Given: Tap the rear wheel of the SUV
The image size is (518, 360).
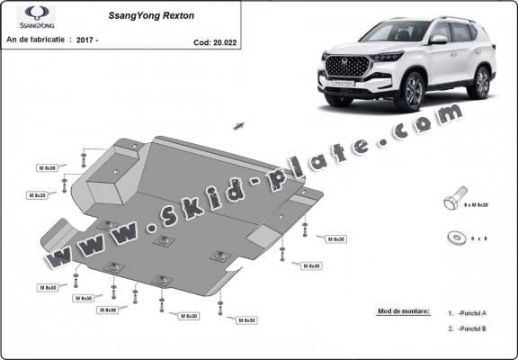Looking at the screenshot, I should tap(481, 83).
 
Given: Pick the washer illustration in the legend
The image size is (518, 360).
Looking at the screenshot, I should tap(456, 238).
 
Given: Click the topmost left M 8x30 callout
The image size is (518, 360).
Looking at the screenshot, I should tap(48, 167).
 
